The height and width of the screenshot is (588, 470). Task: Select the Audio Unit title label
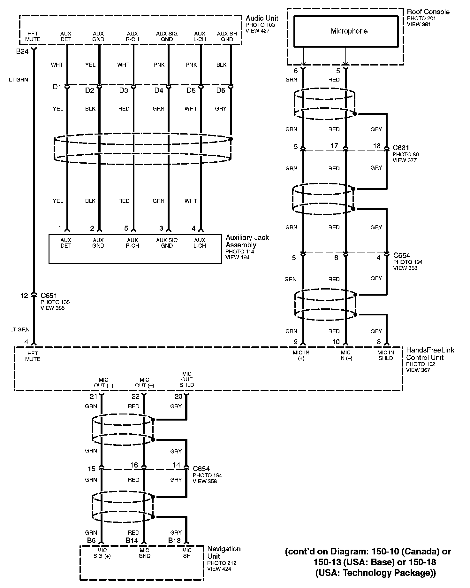pyautogui.click(x=262, y=18)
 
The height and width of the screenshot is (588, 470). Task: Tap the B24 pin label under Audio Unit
pyautogui.click(x=22, y=51)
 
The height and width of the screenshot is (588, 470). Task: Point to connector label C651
pyautogui.click(x=49, y=295)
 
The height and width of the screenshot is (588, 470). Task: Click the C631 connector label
pyautogui.click(x=401, y=148)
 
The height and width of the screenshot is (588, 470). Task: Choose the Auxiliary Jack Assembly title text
pyautogui.click(x=247, y=241)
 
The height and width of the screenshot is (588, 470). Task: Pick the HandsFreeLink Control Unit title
pyautogui.click(x=430, y=353)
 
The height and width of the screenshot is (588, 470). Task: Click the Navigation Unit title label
pyautogui.click(x=224, y=552)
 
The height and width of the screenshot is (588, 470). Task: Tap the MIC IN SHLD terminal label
pyautogui.click(x=386, y=355)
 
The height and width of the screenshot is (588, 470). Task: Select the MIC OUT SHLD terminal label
pyautogui.click(x=187, y=379)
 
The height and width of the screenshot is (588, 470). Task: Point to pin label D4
pyautogui.click(x=159, y=90)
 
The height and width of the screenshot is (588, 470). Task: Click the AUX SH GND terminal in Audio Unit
pyautogui.click(x=227, y=36)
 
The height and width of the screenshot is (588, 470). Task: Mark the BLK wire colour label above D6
pyautogui.click(x=221, y=65)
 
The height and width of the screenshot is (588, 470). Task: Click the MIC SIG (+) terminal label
pyautogui.click(x=102, y=553)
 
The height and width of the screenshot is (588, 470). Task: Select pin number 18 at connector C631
pyautogui.click(x=377, y=146)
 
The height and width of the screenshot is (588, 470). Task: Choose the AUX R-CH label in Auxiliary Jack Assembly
pyautogui.click(x=132, y=243)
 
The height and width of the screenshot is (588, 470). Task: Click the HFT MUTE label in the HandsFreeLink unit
pyautogui.click(x=33, y=356)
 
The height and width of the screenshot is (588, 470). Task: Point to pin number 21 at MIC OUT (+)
pyautogui.click(x=93, y=397)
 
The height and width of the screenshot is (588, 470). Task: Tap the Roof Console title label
pyautogui.click(x=428, y=12)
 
